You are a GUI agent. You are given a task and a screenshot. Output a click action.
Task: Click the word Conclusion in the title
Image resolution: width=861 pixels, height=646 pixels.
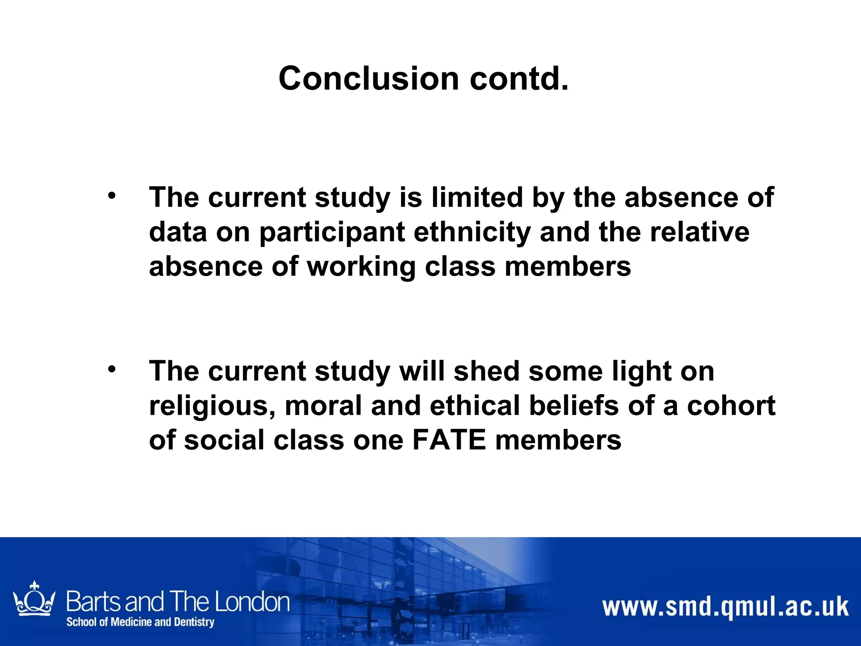click(x=368, y=79)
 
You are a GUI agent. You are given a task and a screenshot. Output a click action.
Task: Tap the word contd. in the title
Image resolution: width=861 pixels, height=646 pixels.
click(x=519, y=79)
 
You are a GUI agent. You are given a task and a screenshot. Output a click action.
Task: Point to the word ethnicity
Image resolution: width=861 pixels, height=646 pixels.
click(x=472, y=232)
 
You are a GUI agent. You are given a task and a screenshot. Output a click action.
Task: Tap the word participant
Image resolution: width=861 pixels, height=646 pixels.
click(x=332, y=233)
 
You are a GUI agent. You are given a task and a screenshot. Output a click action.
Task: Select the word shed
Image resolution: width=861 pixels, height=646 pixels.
click(x=486, y=371)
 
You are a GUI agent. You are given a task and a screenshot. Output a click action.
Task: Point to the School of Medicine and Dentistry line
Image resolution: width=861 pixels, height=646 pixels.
click(x=140, y=622)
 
